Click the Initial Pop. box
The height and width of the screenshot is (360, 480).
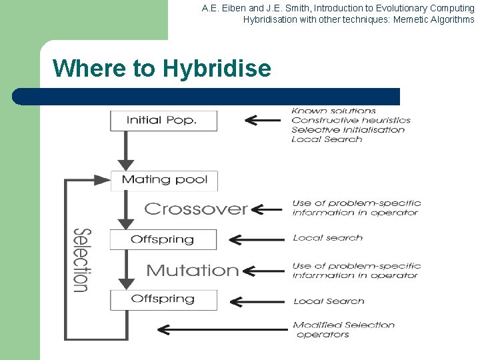pos(163,120)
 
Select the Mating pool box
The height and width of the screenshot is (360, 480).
pos(164,180)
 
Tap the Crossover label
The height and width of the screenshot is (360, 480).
pos(196,209)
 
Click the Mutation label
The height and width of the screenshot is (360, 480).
pos(192,271)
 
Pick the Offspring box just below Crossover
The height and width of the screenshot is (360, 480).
pos(163,239)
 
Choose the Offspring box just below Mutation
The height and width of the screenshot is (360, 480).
pos(163,299)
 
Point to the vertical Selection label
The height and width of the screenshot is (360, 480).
pos(81,260)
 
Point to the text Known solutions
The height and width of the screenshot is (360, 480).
pos(334,111)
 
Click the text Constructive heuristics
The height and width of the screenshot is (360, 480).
pos(351,120)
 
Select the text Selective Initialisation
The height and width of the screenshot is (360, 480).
pos(348,129)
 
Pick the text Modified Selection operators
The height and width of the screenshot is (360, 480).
pos(344,329)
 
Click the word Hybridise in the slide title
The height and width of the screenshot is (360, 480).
pos(217,69)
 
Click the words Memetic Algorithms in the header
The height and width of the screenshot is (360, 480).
pos(434,19)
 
